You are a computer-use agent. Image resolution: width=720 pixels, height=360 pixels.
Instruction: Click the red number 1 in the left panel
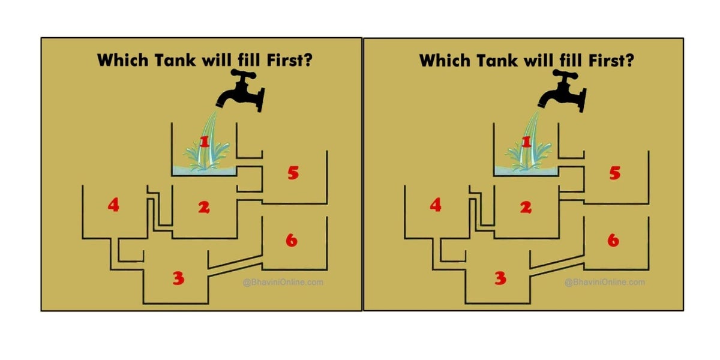click(x=204, y=142)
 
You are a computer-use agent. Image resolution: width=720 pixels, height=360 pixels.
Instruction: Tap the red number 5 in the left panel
click(x=293, y=173)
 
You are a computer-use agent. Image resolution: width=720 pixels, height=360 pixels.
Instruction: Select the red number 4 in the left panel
click(x=113, y=206)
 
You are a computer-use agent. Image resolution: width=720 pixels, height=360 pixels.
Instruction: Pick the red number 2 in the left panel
click(x=204, y=208)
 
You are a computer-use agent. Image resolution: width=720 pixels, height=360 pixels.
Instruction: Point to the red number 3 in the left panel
click(x=178, y=278)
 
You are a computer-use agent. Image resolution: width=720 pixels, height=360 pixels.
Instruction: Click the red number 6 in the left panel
click(x=291, y=241)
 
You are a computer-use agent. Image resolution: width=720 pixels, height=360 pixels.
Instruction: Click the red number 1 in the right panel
click(x=526, y=142)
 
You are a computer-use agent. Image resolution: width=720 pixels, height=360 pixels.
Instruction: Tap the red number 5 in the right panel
click(x=614, y=173)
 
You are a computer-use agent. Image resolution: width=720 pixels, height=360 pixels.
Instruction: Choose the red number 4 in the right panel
click(x=436, y=206)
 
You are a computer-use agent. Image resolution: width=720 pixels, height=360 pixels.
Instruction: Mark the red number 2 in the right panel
click(x=526, y=208)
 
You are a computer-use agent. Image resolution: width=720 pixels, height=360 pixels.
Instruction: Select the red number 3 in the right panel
click(x=500, y=278)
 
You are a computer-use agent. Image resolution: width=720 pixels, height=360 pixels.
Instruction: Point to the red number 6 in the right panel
click(x=613, y=241)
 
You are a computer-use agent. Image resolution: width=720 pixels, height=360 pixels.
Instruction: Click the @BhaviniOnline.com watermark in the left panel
click(x=283, y=282)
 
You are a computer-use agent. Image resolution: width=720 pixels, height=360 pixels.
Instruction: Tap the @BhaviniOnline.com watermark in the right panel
click(x=605, y=282)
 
